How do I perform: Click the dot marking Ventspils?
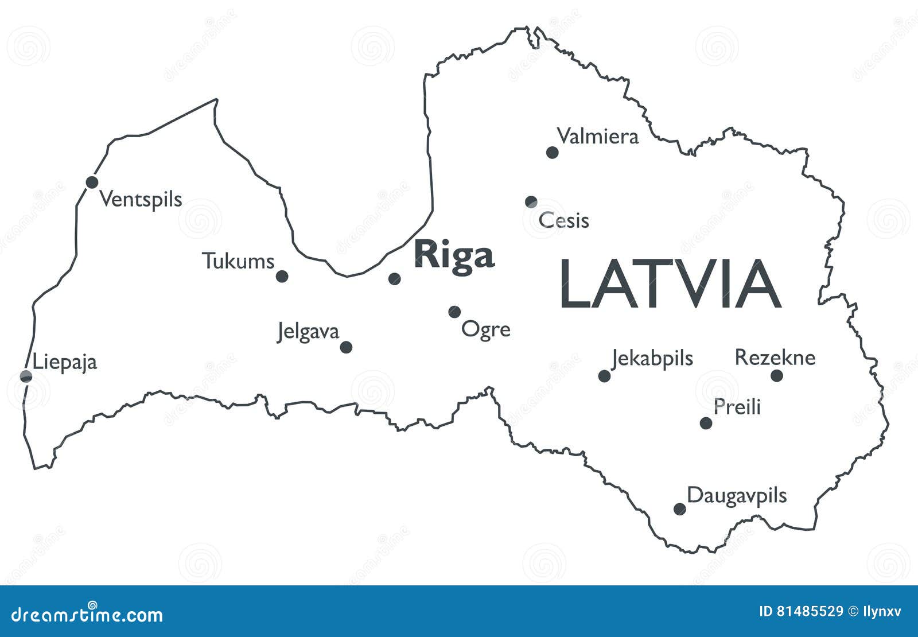92,182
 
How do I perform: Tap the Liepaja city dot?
26,376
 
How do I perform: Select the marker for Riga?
394,279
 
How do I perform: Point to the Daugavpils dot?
679,509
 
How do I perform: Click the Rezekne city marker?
777,376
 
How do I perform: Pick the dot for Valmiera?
552,152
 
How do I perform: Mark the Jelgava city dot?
346,347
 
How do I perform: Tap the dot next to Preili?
706,424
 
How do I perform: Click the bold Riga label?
454,255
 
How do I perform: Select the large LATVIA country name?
670,284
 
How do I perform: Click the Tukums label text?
238,262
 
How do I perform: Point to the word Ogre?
486,330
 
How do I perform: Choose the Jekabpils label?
652,359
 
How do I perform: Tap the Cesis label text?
564,220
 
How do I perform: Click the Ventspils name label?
141,200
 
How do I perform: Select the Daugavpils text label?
737,495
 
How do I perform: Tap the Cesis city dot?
531,201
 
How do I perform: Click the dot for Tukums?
282,277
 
